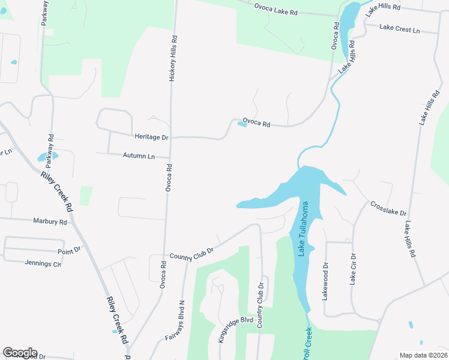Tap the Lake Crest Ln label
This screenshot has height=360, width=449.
pos(400,28)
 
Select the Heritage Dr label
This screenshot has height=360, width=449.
pos(151,137)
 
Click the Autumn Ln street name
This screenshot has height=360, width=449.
pos(139,156)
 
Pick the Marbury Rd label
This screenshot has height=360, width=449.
pos(50,221)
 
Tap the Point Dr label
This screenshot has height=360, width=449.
pos(69,251)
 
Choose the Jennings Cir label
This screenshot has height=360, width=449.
pos(43,263)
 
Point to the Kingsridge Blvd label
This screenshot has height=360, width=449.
pos(236,329)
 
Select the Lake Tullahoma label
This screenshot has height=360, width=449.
pos(304,229)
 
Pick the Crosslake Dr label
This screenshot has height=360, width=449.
pos(388,209)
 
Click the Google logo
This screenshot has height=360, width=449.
pos(20,353)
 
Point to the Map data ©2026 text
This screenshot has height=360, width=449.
pos(423,355)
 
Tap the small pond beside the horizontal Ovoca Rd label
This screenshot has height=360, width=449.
pos(242,124)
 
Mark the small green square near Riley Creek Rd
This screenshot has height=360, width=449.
pos(86,195)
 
